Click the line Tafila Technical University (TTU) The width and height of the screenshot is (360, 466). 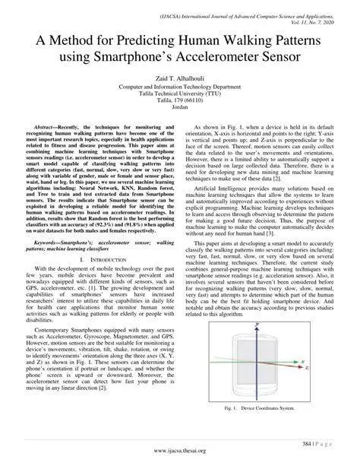point(179,94)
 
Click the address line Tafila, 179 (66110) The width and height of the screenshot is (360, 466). point(179,102)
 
